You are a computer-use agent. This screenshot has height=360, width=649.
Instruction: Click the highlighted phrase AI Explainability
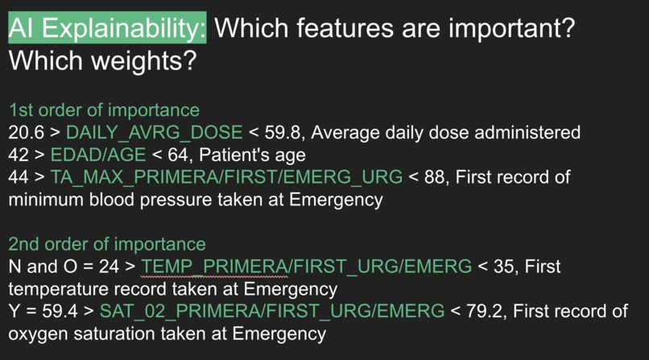(x=107, y=29)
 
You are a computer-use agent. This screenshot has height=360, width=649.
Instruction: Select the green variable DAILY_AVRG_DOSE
(x=154, y=132)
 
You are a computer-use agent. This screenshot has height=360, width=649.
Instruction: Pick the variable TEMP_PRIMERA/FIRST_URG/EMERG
(x=306, y=267)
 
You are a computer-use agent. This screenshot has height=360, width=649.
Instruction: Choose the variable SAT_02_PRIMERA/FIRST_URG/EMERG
(x=292, y=311)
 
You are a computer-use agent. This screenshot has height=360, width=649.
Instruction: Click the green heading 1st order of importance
(x=104, y=110)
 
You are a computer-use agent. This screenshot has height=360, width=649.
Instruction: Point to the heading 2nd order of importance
(x=107, y=244)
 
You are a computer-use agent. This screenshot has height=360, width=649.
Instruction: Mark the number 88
(x=434, y=176)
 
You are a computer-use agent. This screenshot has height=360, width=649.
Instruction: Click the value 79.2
(x=485, y=311)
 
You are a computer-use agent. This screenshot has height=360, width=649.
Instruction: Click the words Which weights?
(x=102, y=61)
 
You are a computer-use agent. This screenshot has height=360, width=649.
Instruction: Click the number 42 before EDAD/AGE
(x=19, y=154)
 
